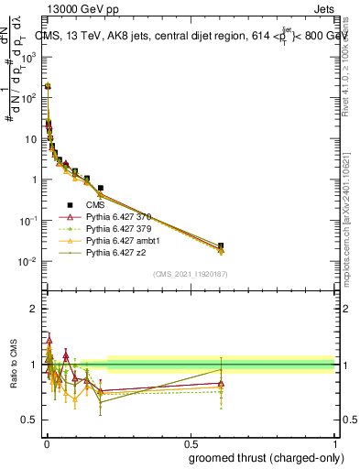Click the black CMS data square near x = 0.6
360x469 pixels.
(221, 245)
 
